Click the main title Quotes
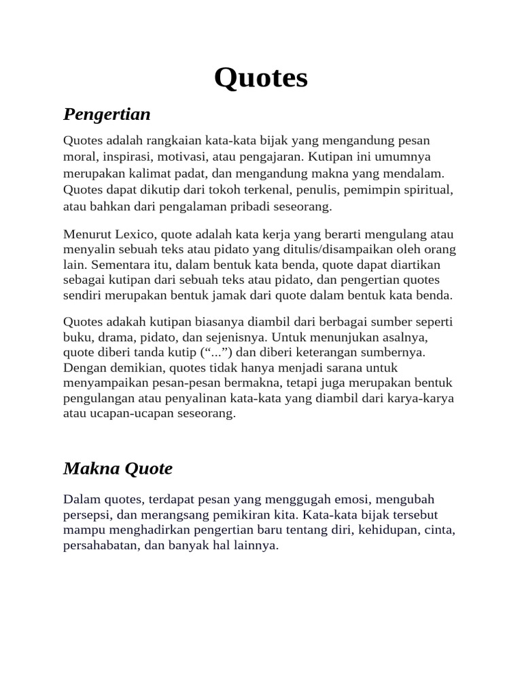point(261,79)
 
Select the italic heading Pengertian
point(107,114)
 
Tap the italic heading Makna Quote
point(118,468)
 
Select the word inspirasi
point(120,156)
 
